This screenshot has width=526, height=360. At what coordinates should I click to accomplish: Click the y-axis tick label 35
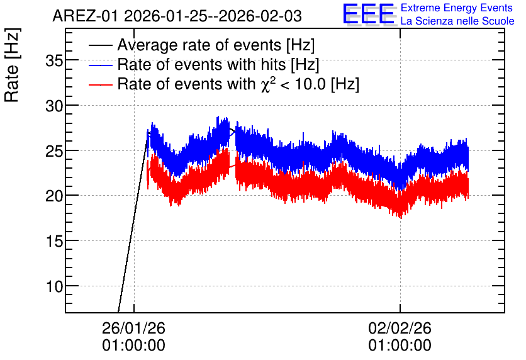click(54, 62)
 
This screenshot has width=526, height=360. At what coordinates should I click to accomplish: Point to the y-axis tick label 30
click(54, 107)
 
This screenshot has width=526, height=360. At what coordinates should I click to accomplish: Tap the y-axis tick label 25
click(54, 152)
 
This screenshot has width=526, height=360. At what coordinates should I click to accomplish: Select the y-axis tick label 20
click(54, 196)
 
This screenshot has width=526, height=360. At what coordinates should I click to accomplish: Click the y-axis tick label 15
click(54, 242)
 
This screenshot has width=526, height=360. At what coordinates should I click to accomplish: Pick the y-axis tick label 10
click(54, 287)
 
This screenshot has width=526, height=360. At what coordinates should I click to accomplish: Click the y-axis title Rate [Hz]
click(12, 65)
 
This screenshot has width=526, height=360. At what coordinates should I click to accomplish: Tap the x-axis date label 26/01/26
click(133, 328)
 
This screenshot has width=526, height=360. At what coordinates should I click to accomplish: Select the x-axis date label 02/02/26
click(400, 328)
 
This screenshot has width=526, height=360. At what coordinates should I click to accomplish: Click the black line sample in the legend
click(101, 45)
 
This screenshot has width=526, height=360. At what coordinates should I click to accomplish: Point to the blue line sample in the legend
click(101, 65)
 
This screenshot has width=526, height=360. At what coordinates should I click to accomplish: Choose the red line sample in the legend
click(101, 84)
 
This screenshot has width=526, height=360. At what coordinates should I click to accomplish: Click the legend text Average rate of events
click(199, 45)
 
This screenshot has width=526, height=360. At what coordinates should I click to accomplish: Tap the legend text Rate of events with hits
click(201, 65)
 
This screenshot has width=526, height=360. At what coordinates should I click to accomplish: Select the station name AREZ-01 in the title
click(86, 16)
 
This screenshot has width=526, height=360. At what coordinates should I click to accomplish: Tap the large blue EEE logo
click(369, 14)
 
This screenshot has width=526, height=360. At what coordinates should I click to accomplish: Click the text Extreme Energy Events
click(457, 8)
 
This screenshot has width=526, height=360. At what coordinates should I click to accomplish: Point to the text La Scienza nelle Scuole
click(457, 21)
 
